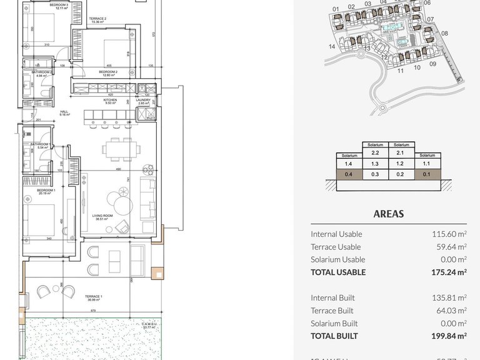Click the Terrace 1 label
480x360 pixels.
[93, 297]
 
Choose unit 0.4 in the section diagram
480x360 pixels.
[349, 174]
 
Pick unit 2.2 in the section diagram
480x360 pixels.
[375, 152]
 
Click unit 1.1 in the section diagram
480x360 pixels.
[427, 163]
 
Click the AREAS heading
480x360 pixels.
[388, 214]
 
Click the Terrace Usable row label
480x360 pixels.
[336, 247]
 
